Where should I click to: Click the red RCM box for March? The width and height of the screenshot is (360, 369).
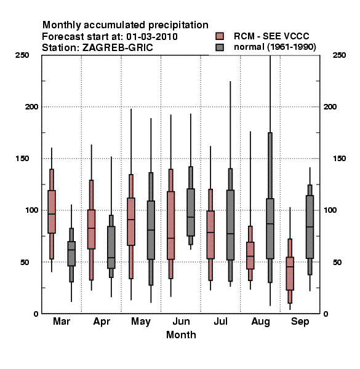[x=52, y=212]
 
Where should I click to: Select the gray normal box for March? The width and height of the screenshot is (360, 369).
[x=71, y=253]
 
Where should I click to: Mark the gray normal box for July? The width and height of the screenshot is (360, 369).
[x=231, y=225]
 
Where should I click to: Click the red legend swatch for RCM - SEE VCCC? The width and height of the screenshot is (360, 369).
[x=220, y=36]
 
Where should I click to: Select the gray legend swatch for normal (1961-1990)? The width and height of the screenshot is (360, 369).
[x=220, y=47]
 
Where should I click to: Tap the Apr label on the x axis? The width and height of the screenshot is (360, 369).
[x=102, y=322]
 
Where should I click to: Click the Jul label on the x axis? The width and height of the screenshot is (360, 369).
[x=220, y=321]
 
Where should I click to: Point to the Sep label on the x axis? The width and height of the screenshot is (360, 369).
[x=300, y=322]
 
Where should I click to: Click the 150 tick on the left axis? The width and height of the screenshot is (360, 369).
[x=22, y=159]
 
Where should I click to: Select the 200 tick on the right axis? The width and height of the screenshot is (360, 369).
[x=330, y=106]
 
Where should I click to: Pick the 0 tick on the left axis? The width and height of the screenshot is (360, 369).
[x=36, y=314]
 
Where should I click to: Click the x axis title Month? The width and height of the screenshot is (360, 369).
[x=181, y=335]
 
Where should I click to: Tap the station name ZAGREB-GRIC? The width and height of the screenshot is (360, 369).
[x=118, y=48]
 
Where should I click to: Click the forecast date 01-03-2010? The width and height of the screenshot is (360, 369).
[x=152, y=37]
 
